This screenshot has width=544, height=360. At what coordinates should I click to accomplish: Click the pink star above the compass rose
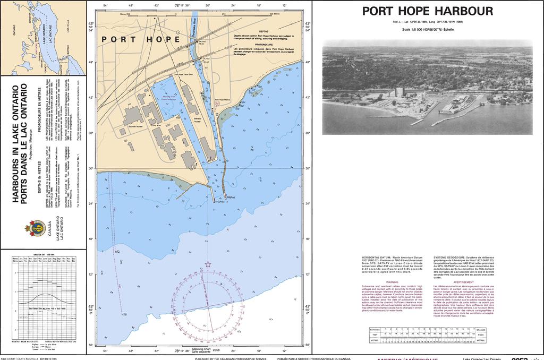208,264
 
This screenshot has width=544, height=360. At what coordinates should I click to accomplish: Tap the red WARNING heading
392,282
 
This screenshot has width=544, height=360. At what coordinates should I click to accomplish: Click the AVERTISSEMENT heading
463,282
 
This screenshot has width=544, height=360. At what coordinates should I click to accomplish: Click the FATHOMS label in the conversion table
375,329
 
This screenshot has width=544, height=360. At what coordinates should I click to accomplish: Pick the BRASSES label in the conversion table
481,329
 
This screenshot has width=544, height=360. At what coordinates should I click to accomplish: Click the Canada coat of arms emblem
35,228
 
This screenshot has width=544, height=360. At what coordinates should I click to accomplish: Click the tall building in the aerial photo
399,92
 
